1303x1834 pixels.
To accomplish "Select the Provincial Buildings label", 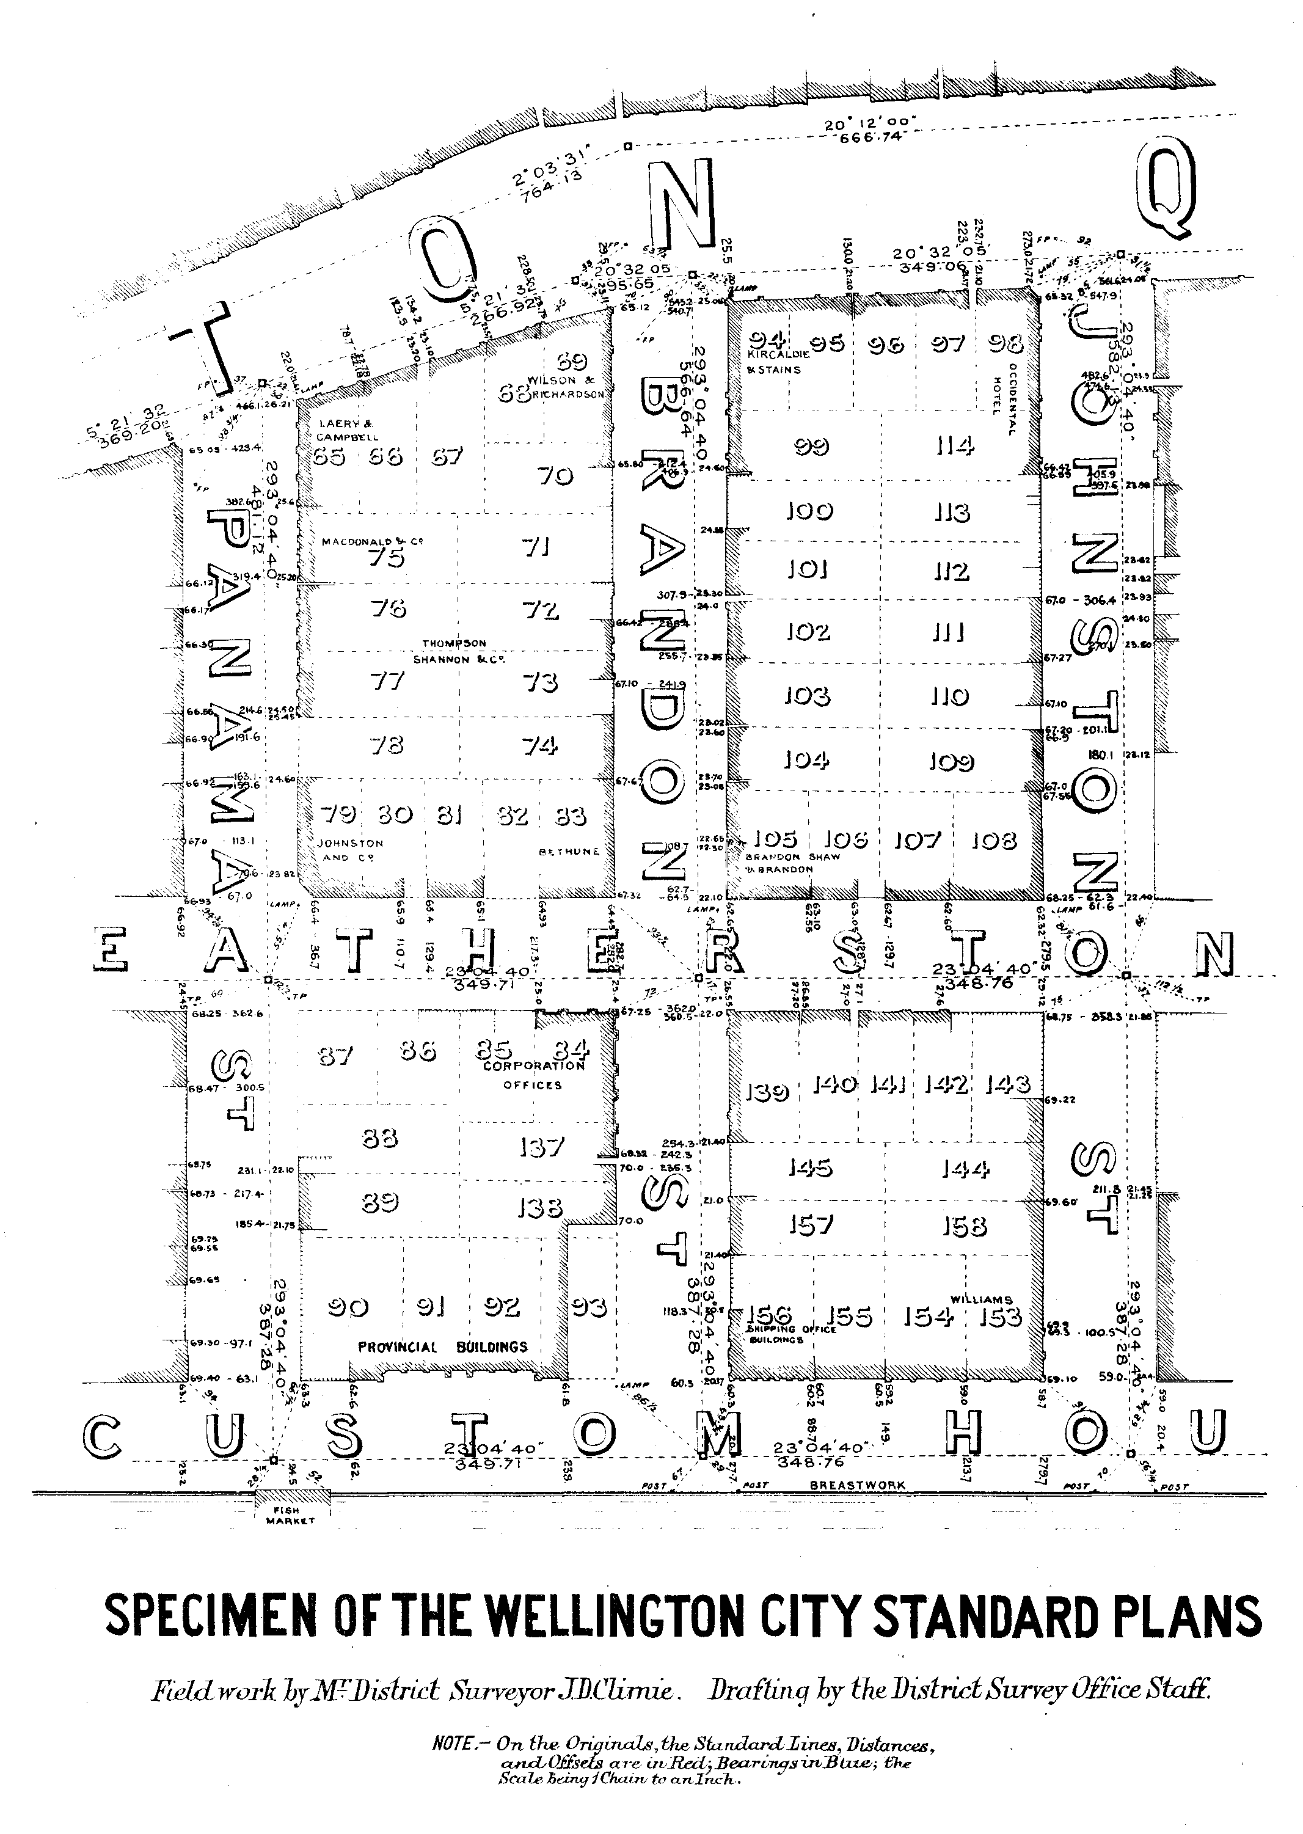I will [443, 1347].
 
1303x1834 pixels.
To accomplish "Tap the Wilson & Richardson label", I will [566, 387].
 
